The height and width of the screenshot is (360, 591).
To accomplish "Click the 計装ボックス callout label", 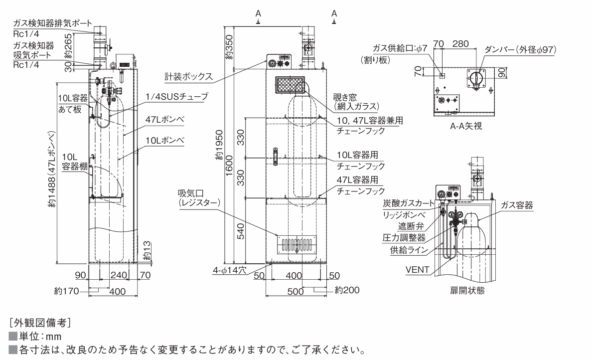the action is point(188,76).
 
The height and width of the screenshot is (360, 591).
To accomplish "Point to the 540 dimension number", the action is point(241,231).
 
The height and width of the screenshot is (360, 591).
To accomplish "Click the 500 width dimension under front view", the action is point(295,291).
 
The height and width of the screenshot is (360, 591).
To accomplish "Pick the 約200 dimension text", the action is point(347,290).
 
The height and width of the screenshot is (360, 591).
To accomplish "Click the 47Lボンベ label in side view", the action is point(165,120).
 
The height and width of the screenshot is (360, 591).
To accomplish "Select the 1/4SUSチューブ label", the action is point(177,97).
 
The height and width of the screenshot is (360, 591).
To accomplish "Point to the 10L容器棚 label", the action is point(75,162).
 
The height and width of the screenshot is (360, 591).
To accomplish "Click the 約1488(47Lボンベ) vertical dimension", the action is point(52,169).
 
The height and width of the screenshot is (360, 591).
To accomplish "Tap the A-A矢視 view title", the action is point(466,126).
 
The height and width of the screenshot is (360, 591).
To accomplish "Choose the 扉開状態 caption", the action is point(467,291).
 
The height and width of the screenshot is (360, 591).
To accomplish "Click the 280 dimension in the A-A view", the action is point(460,44).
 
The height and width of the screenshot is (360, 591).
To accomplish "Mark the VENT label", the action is point(417,270).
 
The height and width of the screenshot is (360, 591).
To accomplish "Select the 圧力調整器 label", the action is point(404,237).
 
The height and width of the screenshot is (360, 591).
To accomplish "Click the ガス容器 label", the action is point(517,205).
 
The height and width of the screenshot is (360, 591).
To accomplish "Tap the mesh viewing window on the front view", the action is point(290,85).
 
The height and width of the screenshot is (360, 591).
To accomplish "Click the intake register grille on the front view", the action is point(296,245).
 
